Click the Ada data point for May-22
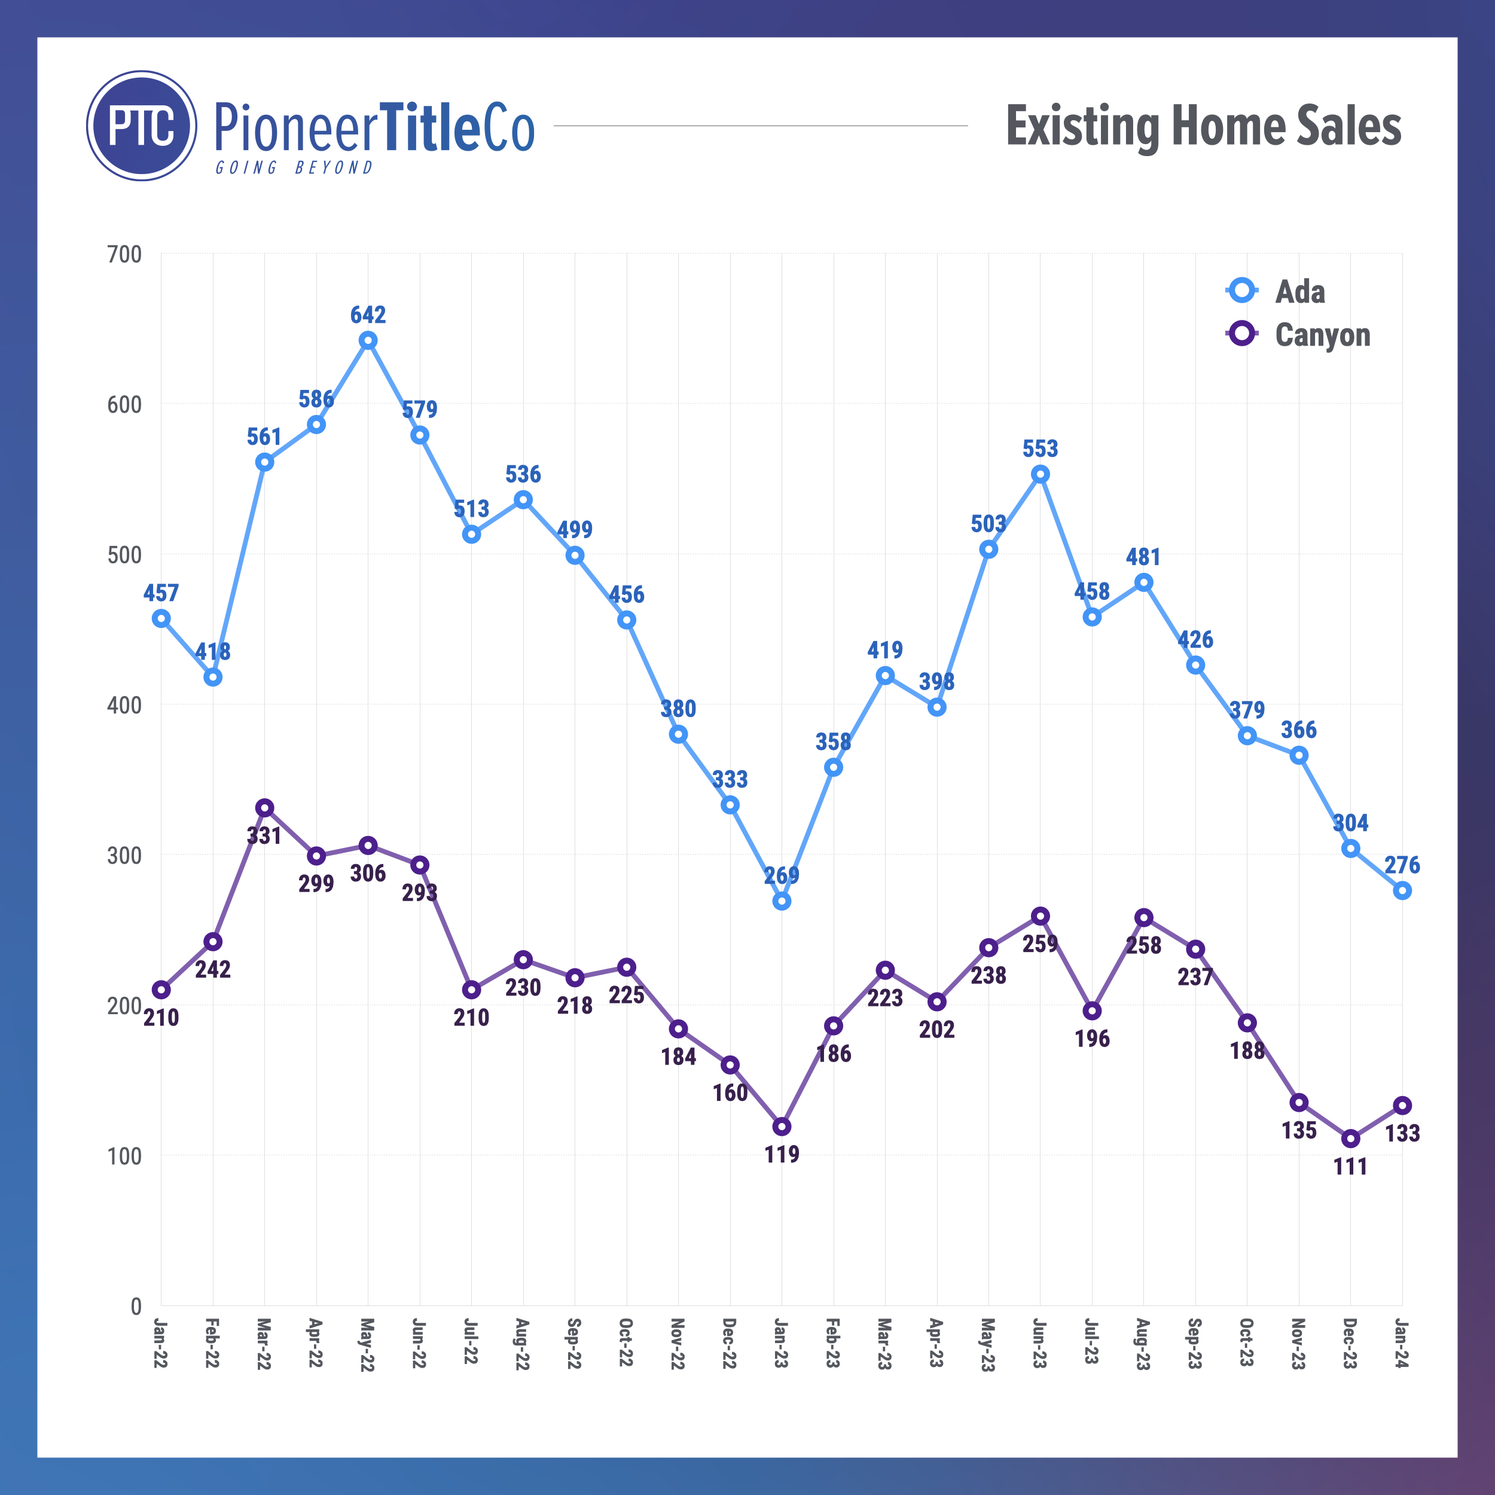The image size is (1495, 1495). click(368, 340)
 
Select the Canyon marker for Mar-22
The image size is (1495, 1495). click(265, 808)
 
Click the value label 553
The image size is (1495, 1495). click(1040, 449)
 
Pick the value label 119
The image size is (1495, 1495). click(782, 1155)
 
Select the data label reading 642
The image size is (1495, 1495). click(368, 315)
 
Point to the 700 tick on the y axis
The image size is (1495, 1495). click(124, 255)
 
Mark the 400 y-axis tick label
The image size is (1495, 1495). click(124, 706)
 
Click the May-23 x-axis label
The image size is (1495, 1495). click(987, 1345)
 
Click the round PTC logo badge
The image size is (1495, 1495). click(142, 126)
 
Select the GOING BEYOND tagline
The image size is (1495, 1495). click(294, 168)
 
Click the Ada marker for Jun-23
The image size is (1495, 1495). click(1040, 474)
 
